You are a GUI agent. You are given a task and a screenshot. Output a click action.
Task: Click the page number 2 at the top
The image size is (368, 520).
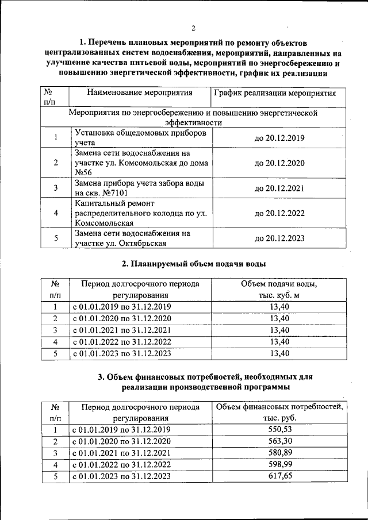(x=194, y=28)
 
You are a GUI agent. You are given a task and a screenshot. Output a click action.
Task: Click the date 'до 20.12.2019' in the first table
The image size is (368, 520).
(x=279, y=138)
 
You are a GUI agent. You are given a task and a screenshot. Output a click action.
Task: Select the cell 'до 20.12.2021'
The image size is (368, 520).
(x=279, y=188)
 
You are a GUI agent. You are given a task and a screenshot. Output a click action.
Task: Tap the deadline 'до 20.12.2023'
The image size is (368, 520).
(x=279, y=238)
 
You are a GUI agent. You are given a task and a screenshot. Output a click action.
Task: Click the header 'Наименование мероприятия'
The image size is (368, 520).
(x=140, y=93)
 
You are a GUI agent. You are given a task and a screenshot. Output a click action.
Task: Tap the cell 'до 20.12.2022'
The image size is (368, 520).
(x=279, y=213)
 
